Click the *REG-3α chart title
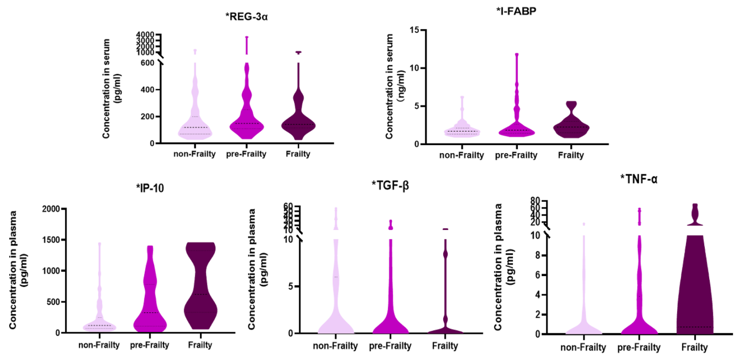pyautogui.click(x=246, y=17)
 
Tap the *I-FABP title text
pyautogui.click(x=516, y=11)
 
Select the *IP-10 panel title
pyautogui.click(x=150, y=188)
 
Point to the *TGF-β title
pyautogui.click(x=390, y=186)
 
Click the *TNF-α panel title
pyautogui.click(x=639, y=179)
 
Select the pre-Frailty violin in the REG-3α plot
pyautogui.click(x=246, y=121)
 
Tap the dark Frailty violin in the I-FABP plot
pyautogui.click(x=571, y=125)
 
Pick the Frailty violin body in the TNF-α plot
pyautogui.click(x=694, y=288)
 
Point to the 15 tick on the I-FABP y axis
pyautogui.click(x=414, y=30)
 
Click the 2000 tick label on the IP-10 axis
pyautogui.click(x=51, y=209)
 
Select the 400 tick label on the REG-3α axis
pyautogui.click(x=147, y=90)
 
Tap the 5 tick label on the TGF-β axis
pyautogui.click(x=290, y=287)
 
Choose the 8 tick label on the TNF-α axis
pyautogui.click(x=537, y=256)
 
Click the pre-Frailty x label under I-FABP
pyautogui.click(x=516, y=155)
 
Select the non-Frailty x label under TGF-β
pyautogui.click(x=335, y=346)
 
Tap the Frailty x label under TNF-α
pyautogui.click(x=694, y=347)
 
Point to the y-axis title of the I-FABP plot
pyautogui.click(x=395, y=86)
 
